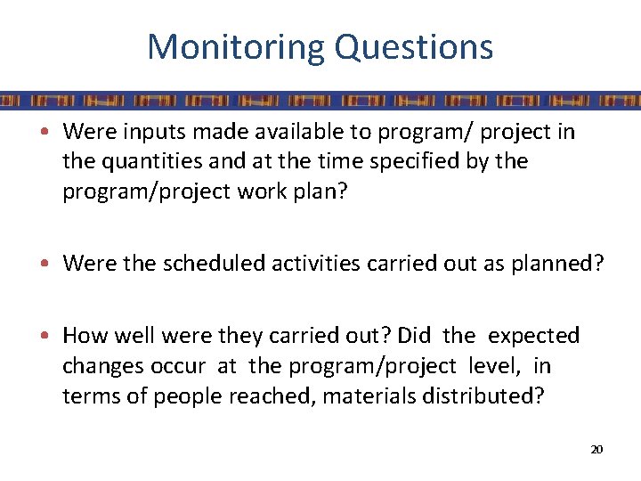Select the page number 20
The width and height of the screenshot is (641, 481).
[x=596, y=449]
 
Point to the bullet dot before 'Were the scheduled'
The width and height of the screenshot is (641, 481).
[x=53, y=265]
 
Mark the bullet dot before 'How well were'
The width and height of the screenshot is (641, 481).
[x=53, y=337]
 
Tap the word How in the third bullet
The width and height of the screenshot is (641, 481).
[x=85, y=336]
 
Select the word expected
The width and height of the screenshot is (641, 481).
[x=534, y=336]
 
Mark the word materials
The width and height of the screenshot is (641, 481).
[x=363, y=395]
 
